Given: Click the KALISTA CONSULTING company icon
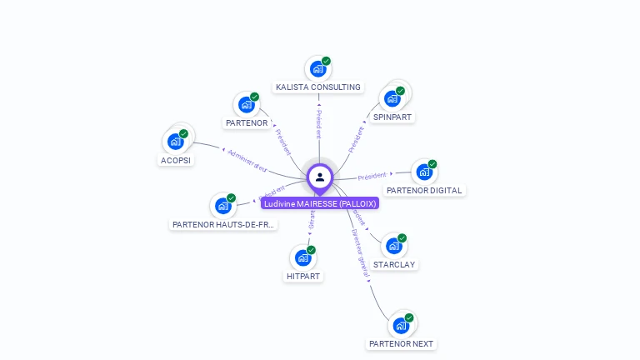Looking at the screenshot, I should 317,69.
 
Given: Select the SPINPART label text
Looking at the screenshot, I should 392,117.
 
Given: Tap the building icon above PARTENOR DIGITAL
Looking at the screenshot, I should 423,172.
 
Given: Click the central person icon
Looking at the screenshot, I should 320,177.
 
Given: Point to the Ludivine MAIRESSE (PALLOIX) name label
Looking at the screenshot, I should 320,203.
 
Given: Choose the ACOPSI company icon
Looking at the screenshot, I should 175,142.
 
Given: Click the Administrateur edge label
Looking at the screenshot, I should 247,161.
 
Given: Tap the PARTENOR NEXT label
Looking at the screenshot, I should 401,343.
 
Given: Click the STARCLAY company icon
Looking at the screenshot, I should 393,247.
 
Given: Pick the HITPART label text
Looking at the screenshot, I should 303,276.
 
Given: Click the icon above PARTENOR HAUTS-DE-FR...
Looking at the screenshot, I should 222,206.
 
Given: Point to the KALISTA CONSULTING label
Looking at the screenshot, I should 318,87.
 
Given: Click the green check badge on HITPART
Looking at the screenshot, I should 311,250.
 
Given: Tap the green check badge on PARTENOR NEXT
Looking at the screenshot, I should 408,317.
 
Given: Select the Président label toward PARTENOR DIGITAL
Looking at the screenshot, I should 372,176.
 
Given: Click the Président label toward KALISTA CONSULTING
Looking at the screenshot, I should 318,122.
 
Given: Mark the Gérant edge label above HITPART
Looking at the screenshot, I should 312,220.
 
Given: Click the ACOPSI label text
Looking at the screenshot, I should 176,160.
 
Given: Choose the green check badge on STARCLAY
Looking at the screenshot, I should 402,238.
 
